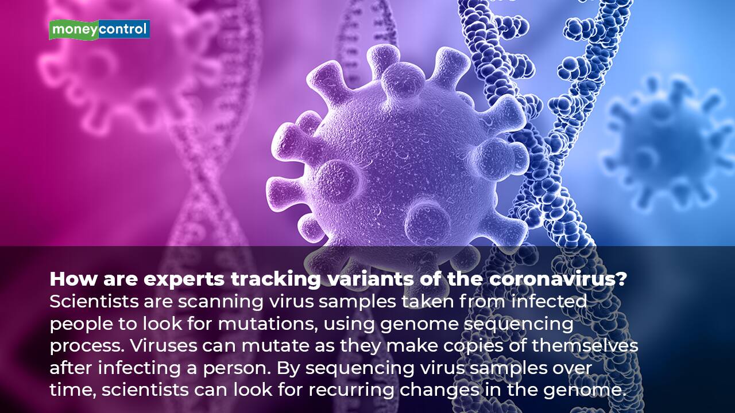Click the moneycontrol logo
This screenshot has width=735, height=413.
[x=99, y=30]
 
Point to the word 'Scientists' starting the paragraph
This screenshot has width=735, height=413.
[x=94, y=302]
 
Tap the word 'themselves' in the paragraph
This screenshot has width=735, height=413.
[x=585, y=345]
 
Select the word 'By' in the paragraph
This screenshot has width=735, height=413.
[x=288, y=368]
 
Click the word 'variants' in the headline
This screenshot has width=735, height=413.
[x=370, y=279]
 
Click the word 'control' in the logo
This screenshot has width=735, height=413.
[x=122, y=29]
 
